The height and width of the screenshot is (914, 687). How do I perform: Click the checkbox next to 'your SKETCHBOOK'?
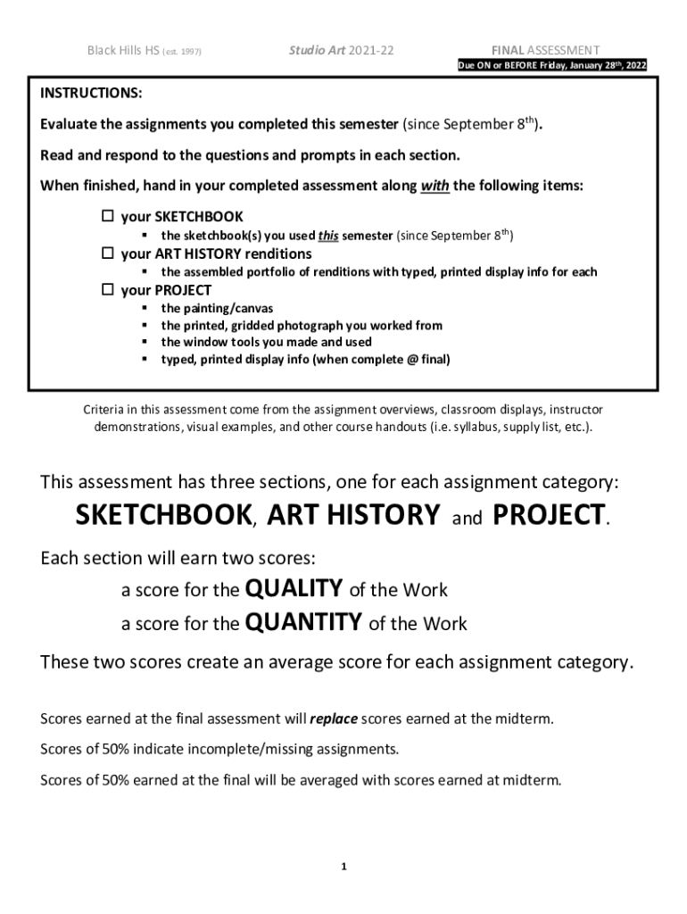tap(108, 217)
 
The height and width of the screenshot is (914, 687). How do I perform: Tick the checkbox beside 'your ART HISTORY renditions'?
tap(108, 253)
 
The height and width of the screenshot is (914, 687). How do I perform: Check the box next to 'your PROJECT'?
tap(108, 290)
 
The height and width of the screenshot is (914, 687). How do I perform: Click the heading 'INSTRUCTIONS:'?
tap(90, 94)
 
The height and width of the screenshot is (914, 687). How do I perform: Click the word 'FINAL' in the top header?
tap(507, 50)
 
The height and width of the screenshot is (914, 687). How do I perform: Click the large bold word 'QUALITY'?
tap(294, 588)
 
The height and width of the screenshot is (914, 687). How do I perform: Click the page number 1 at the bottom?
tap(343, 867)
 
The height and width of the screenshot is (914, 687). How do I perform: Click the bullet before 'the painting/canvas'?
tap(144, 309)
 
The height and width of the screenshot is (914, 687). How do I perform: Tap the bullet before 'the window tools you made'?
tap(144, 342)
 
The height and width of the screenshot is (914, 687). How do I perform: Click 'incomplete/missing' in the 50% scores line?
tap(226, 748)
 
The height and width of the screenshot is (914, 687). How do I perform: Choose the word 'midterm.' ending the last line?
tap(536, 779)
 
